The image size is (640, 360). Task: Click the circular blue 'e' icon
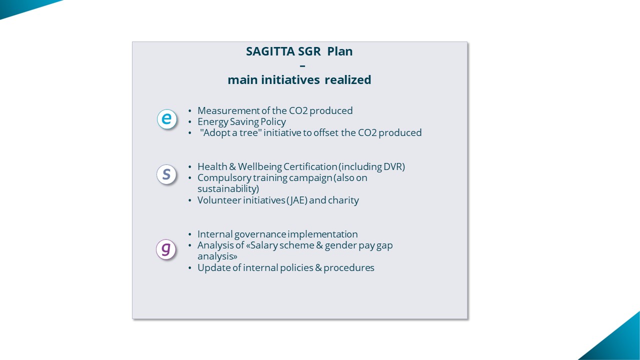(x=167, y=119)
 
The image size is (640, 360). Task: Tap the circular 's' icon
(x=166, y=174)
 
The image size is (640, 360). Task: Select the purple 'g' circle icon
(x=166, y=249)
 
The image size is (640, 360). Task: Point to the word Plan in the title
(x=339, y=51)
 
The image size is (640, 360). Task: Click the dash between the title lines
(x=302, y=66)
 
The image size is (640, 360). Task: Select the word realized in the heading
(x=347, y=79)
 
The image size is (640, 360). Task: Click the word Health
(x=212, y=166)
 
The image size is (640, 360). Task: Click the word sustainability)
(x=228, y=189)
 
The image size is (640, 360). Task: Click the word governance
(x=260, y=234)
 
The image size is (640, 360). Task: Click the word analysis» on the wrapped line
(x=217, y=256)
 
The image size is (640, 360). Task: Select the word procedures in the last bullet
(x=348, y=267)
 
